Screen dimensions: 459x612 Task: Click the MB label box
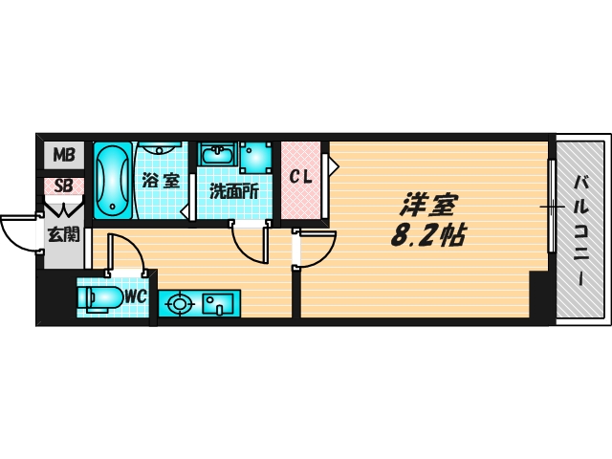tap(63, 155)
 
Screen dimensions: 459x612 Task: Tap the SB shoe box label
tap(63, 186)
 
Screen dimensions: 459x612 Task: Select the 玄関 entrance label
tap(63, 232)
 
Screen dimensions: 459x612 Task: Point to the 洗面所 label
tap(234, 190)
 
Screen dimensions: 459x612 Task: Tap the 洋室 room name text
tap(429, 205)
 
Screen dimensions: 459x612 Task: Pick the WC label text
tap(136, 296)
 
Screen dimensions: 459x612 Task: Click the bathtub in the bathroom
tap(114, 181)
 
